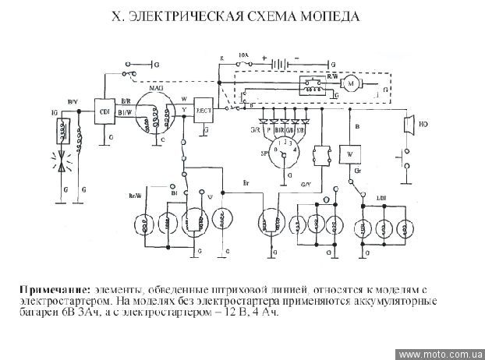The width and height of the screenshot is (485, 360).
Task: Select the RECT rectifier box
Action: tap(204, 108)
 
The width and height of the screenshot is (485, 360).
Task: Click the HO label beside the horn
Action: tap(423, 122)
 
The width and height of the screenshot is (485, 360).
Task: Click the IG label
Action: tap(55, 114)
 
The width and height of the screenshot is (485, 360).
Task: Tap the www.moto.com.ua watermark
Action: tap(441, 354)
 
